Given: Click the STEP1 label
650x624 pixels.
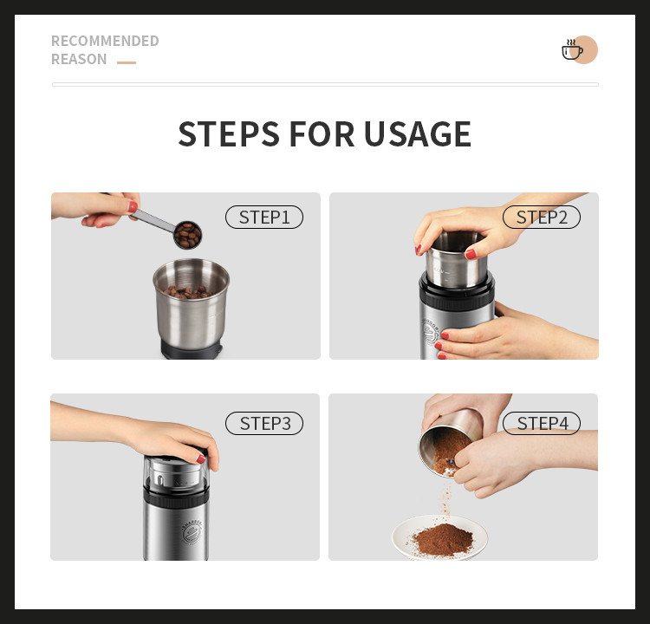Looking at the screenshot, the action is click(264, 217).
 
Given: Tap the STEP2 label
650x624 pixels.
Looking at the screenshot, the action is click(542, 217).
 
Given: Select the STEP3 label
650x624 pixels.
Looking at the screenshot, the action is click(264, 423).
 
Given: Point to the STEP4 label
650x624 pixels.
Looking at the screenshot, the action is click(542, 423).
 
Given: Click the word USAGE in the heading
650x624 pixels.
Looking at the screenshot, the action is click(418, 134).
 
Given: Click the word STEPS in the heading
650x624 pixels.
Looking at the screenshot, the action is click(229, 134).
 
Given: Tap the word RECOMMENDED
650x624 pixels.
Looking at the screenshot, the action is click(105, 41).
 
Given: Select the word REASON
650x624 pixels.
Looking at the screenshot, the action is click(79, 59).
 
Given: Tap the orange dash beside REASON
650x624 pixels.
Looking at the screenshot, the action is click(127, 62).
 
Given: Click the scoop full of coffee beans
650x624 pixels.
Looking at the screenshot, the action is click(188, 235).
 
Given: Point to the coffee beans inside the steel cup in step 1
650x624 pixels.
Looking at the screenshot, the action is click(188, 292).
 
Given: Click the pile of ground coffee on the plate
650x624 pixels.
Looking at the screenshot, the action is click(443, 540).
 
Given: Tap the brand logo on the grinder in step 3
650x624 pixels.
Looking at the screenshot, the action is click(192, 531).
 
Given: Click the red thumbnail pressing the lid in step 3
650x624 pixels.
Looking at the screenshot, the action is click(201, 458).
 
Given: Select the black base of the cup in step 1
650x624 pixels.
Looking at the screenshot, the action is click(192, 350).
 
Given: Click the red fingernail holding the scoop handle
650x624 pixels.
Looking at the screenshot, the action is click(133, 206).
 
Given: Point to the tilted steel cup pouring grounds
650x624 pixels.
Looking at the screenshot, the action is click(450, 443).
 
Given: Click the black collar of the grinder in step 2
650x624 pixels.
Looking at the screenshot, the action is click(457, 295).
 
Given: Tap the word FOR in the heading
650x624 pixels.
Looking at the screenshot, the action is click(322, 134).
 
